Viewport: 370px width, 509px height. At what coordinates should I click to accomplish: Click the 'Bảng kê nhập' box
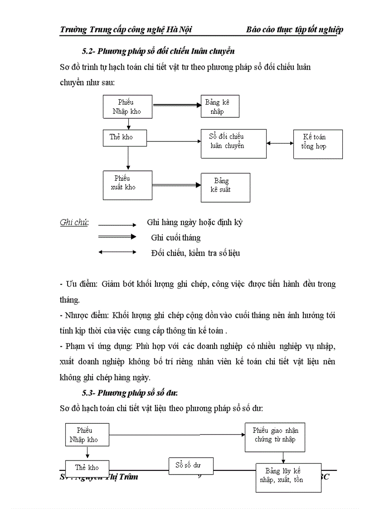pyautogui.click(x=220, y=107)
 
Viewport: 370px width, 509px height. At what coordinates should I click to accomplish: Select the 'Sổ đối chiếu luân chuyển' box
pyautogui.click(x=234, y=143)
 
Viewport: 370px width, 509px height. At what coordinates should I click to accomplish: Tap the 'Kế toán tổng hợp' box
pyautogui.click(x=318, y=144)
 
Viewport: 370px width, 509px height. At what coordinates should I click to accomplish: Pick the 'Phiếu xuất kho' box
pyautogui.click(x=127, y=185)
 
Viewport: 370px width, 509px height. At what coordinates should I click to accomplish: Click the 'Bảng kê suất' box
pyautogui.click(x=225, y=187)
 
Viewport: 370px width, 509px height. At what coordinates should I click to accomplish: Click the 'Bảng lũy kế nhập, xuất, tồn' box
pyautogui.click(x=288, y=477)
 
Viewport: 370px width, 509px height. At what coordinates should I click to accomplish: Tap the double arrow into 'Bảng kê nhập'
pyautogui.click(x=177, y=105)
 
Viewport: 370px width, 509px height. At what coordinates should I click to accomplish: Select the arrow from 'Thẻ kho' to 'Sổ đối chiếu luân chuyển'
pyautogui.click(x=174, y=141)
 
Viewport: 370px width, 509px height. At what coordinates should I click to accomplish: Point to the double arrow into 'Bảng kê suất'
pyautogui.click(x=176, y=184)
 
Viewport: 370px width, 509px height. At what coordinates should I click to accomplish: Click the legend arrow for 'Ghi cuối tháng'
pyautogui.click(x=117, y=237)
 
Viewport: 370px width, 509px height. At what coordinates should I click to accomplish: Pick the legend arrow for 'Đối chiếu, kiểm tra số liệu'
pyautogui.click(x=117, y=252)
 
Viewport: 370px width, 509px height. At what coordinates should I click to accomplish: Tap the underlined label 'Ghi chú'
pyautogui.click(x=74, y=223)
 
